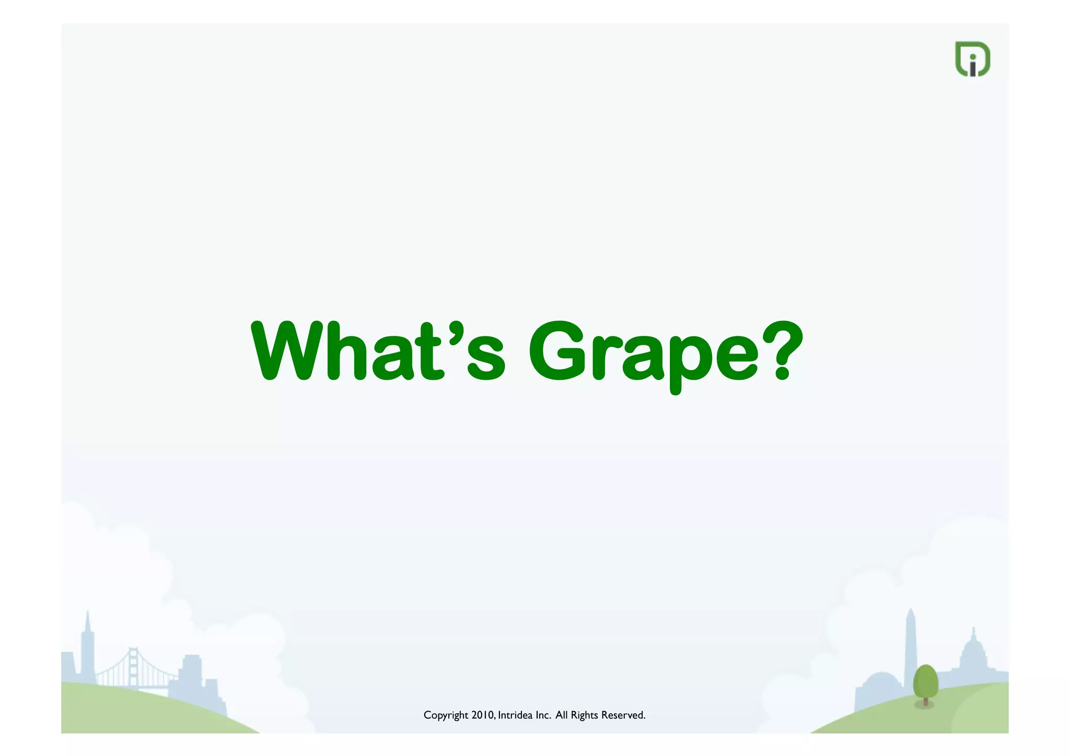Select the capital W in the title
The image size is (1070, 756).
(x=286, y=351)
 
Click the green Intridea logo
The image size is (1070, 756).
(x=972, y=59)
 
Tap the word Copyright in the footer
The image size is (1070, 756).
(x=446, y=715)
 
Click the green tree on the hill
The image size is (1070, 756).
(x=925, y=681)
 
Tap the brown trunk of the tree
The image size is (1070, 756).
(x=926, y=701)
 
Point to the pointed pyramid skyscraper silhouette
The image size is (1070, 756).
(x=87, y=648)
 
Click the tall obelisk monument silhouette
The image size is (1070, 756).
(x=911, y=648)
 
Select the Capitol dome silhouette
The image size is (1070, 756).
(x=973, y=653)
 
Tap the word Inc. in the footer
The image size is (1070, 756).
(x=544, y=715)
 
